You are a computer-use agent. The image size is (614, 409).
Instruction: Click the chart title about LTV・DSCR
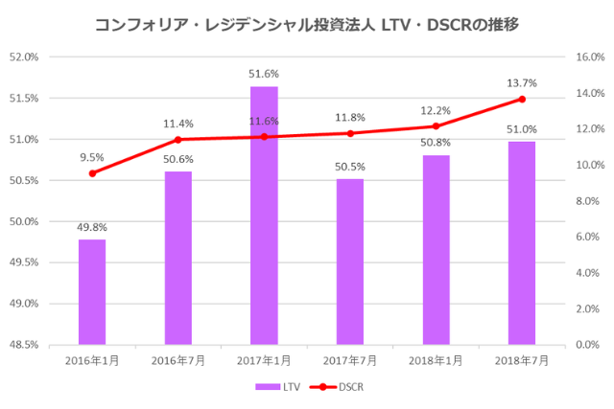click(x=307, y=24)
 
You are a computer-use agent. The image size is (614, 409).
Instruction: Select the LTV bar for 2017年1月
click(x=264, y=216)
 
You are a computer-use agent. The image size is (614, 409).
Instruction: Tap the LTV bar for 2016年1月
click(x=92, y=291)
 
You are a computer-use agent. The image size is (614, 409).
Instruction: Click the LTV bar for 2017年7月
click(x=350, y=261)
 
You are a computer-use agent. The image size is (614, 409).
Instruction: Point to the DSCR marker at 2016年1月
click(x=92, y=173)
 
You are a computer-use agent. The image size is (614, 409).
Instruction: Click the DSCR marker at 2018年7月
click(x=522, y=99)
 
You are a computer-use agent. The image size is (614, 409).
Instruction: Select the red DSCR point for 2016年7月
click(x=178, y=139)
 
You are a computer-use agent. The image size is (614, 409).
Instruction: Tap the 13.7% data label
click(x=522, y=83)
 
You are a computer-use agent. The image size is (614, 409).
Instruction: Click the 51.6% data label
click(x=264, y=73)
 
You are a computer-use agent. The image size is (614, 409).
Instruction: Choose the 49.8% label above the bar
click(x=92, y=227)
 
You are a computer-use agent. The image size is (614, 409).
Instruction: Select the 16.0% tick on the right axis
click(x=587, y=57)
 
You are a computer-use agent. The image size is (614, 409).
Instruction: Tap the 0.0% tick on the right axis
click(x=587, y=345)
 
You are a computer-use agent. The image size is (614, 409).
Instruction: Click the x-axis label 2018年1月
click(x=436, y=360)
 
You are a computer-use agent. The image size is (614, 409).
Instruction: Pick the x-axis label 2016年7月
click(x=178, y=360)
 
